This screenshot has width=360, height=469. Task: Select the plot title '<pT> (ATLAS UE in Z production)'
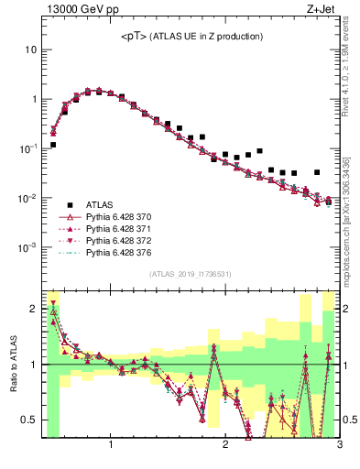[x=191, y=37]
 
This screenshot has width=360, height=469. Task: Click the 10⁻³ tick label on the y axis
[x=27, y=248]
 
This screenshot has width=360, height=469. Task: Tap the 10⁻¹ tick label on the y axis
[x=27, y=148]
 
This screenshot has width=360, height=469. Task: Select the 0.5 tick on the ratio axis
[x=28, y=420]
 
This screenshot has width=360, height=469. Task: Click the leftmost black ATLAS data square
[x=53, y=145]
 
